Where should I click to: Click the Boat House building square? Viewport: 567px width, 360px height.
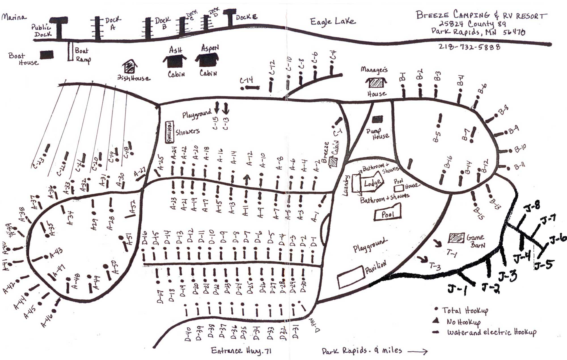tap(47, 55)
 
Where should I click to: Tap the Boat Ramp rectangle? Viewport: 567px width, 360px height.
tap(70, 51)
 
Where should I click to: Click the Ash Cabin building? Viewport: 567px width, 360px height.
tap(175, 61)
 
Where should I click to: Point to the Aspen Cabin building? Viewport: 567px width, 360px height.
tap(207, 60)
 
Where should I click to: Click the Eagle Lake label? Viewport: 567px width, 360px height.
tap(332, 22)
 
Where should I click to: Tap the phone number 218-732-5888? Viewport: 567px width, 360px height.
tap(469, 46)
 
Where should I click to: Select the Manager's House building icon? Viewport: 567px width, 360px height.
tap(376, 82)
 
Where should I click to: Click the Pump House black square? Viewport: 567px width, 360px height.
tap(377, 119)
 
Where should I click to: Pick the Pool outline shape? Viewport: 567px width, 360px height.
tap(388, 214)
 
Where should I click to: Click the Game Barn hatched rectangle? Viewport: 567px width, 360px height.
tap(456, 238)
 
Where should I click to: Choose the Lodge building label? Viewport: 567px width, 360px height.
tap(372, 183)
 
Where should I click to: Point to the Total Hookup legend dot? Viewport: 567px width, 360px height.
tap(436, 309)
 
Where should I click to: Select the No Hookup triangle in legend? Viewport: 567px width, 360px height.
tap(436, 321)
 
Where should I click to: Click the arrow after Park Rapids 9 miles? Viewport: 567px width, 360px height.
tap(418, 352)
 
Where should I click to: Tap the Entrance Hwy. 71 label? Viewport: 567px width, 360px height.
tap(241, 351)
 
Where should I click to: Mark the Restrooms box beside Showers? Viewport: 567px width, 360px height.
tap(169, 132)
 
